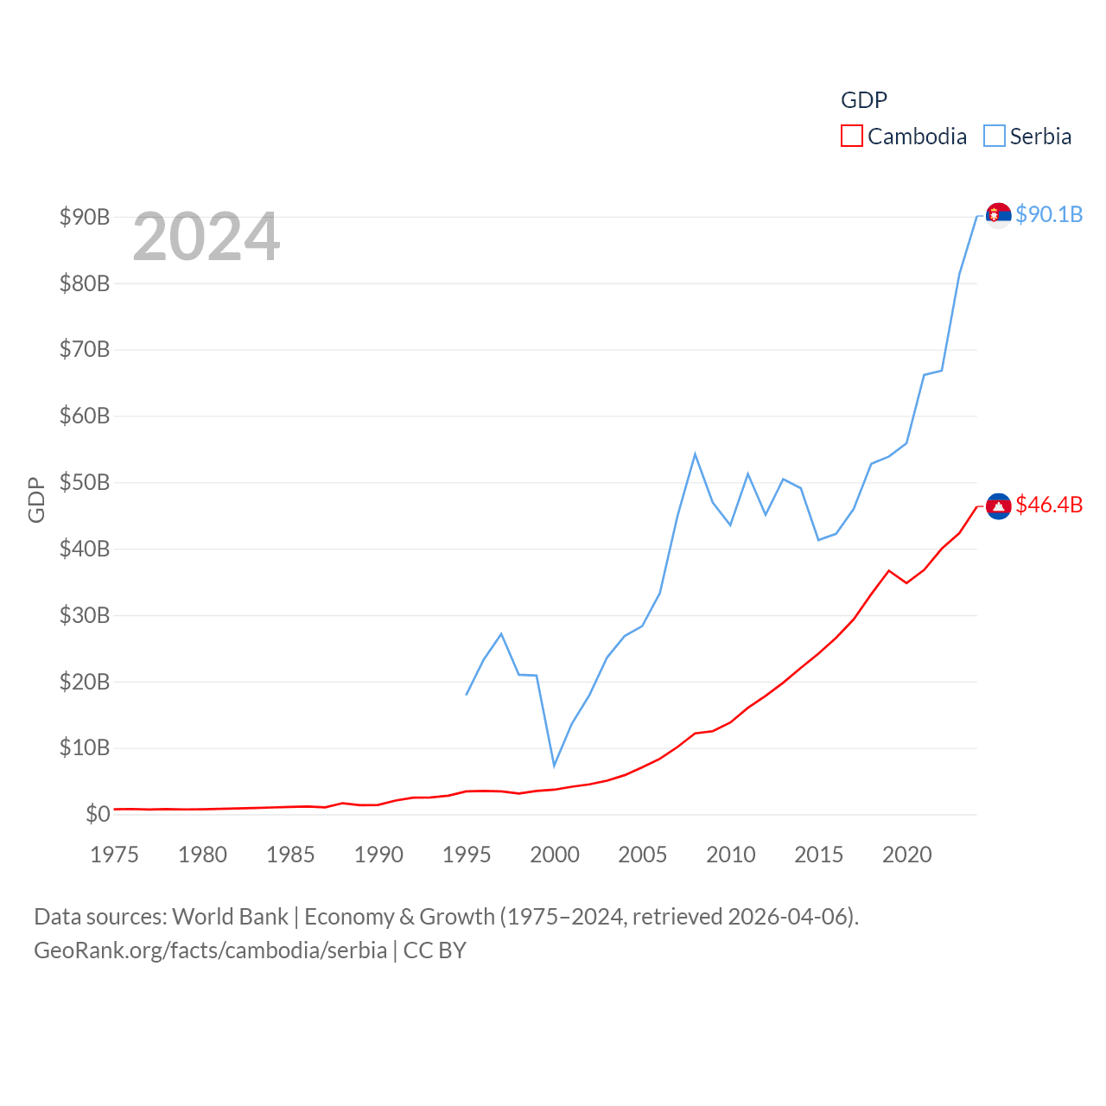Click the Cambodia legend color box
coord(851,137)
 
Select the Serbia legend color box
coord(995,137)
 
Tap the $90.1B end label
coord(1049,214)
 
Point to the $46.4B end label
coord(1049,505)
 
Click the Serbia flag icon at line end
coord(998,214)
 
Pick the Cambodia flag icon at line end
coord(998,506)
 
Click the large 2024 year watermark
coord(207,237)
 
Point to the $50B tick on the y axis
coord(85,482)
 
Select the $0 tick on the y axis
coord(98,814)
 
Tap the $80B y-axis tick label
coord(85,283)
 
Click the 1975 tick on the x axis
coord(115,855)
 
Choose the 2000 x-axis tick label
coord(555,855)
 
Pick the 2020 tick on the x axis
coord(906,855)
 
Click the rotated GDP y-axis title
coord(36,499)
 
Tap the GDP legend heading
coord(864,100)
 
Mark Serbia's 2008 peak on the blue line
coord(695,454)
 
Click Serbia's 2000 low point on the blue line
coord(554,766)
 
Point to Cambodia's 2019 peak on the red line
coord(888,570)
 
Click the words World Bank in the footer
coord(230,916)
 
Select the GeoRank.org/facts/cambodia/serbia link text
coord(211,950)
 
